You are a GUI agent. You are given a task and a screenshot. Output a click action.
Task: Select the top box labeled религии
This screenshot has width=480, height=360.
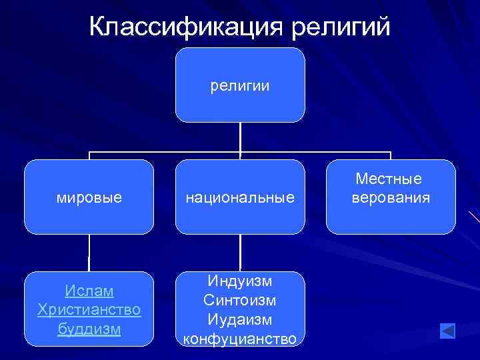coord(240,85)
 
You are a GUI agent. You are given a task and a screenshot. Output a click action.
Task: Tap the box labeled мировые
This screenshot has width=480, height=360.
coord(89,197)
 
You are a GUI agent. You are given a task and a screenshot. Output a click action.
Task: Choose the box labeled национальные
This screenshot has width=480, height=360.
coord(240,197)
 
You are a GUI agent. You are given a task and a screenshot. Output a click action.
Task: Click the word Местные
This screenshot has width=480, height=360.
coord(391,179)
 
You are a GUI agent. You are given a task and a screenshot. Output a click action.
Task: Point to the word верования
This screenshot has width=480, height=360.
coord(391,198)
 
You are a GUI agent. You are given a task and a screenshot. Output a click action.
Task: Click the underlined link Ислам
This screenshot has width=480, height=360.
coord(89,291)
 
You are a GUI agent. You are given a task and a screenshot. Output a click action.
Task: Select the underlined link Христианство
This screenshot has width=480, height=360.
coord(89,310)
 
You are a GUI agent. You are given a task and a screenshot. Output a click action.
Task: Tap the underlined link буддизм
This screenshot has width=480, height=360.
coord(89,329)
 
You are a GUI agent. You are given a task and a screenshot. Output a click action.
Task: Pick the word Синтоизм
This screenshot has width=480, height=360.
coord(240,301)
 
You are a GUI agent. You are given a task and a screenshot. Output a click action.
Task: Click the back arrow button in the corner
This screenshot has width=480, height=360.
coord(447,331)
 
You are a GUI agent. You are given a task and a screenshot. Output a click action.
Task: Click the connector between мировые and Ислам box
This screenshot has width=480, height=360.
coord(89,253)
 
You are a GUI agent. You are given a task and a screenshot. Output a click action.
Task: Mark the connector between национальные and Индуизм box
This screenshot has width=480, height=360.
coord(240,253)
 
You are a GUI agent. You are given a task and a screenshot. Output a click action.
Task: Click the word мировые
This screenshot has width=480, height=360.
coord(89,197)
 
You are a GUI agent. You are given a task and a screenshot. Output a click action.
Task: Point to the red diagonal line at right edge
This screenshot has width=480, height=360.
coord(474,217)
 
